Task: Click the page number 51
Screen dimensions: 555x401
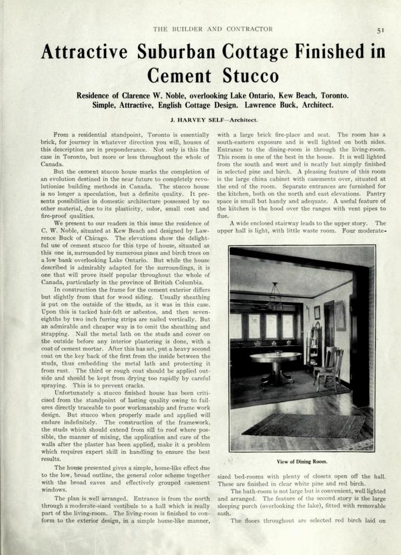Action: coord(380,31)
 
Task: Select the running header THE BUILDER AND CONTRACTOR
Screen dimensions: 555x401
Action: coord(213,29)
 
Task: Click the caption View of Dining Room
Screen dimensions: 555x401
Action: coord(302,462)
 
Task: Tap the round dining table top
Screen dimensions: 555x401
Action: coord(275,356)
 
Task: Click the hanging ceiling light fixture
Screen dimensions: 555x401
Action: coord(275,297)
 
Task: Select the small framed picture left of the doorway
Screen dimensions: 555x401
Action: coord(317,312)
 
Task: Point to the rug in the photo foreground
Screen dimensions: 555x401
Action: coord(303,425)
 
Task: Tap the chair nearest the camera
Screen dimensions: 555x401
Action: coord(330,369)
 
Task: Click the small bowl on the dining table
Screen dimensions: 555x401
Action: coord(278,352)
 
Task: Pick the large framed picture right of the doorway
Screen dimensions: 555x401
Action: coord(340,315)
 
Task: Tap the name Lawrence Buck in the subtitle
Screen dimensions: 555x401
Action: coord(270,105)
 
